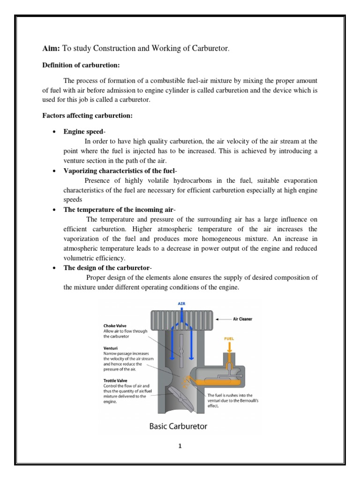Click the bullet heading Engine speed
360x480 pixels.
(x=83, y=131)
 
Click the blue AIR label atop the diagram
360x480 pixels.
(x=181, y=303)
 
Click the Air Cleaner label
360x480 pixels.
(x=242, y=319)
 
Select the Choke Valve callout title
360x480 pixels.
(x=115, y=325)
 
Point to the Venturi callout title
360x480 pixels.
(x=111, y=348)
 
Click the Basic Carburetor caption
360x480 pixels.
(x=178, y=427)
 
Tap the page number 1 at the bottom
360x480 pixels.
(x=180, y=446)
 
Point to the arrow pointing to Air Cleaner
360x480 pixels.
(x=223, y=319)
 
